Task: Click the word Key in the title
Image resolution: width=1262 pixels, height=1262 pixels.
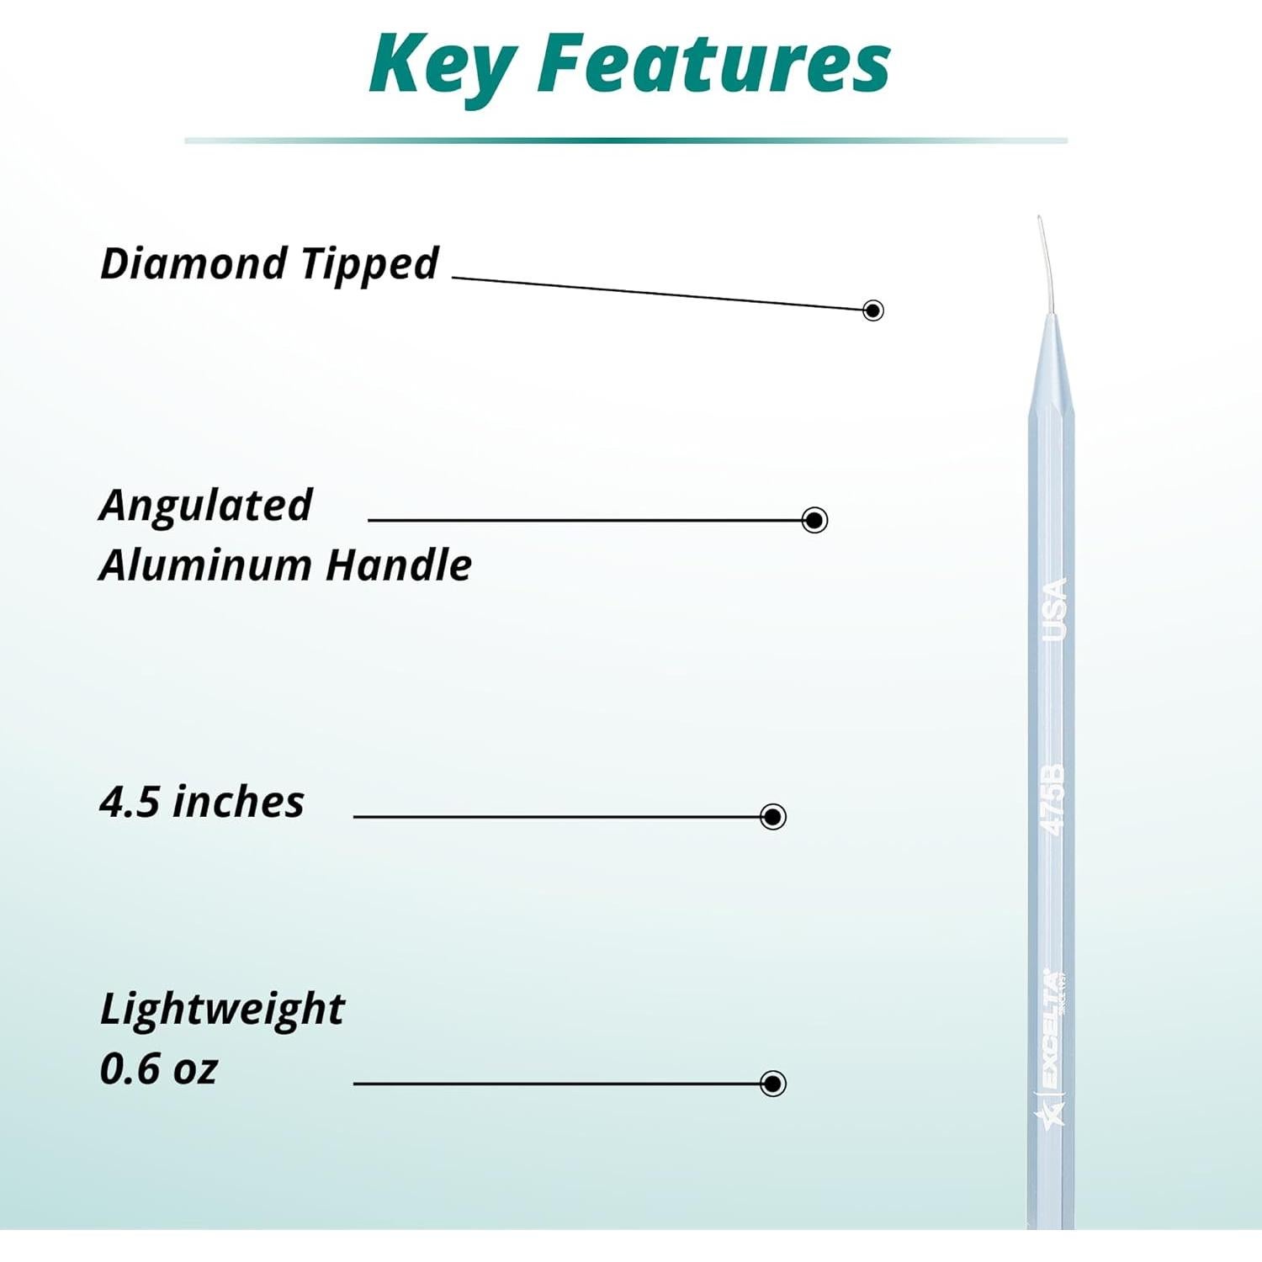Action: click(x=441, y=66)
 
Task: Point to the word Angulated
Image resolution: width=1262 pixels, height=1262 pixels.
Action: click(x=205, y=506)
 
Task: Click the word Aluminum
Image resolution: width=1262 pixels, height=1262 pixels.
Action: click(x=205, y=565)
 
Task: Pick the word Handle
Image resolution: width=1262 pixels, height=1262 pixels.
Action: click(x=399, y=565)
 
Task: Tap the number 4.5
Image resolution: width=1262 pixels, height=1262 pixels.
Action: click(x=130, y=802)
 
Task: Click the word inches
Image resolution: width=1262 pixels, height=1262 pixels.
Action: click(x=238, y=802)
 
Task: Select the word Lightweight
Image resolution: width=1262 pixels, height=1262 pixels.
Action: click(x=222, y=1010)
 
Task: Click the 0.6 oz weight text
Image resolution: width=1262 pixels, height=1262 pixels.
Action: click(x=158, y=1068)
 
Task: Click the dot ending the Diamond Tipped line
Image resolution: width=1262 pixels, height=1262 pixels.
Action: click(x=873, y=310)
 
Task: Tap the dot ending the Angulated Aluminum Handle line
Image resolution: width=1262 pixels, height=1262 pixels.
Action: click(x=814, y=520)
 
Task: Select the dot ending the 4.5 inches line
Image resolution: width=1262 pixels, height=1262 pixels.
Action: click(x=772, y=816)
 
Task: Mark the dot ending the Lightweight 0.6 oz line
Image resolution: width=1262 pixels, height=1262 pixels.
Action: click(x=772, y=1083)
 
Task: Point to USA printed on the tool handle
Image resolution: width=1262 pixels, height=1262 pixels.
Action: click(x=1054, y=610)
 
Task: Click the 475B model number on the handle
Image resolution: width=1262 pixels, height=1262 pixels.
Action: click(x=1053, y=799)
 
